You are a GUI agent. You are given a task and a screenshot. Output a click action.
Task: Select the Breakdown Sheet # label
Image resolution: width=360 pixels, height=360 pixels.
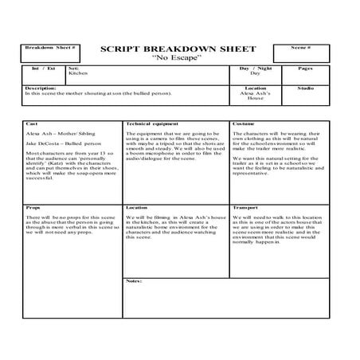(x=50, y=48)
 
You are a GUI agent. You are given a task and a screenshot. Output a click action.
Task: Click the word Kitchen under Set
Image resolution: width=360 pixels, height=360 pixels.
(x=79, y=74)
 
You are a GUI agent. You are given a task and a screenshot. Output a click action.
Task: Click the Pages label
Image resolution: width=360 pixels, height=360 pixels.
(x=305, y=69)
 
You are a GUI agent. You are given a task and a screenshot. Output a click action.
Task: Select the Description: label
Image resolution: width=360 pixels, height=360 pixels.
(x=40, y=88)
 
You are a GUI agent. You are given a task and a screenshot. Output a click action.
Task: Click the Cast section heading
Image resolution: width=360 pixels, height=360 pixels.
(x=32, y=125)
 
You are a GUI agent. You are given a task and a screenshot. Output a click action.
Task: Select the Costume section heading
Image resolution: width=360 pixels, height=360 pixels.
(x=244, y=125)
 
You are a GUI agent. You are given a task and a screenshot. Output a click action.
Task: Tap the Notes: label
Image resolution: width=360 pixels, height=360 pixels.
(x=135, y=281)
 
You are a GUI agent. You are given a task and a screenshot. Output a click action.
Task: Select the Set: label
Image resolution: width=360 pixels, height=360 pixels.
(x=73, y=69)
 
